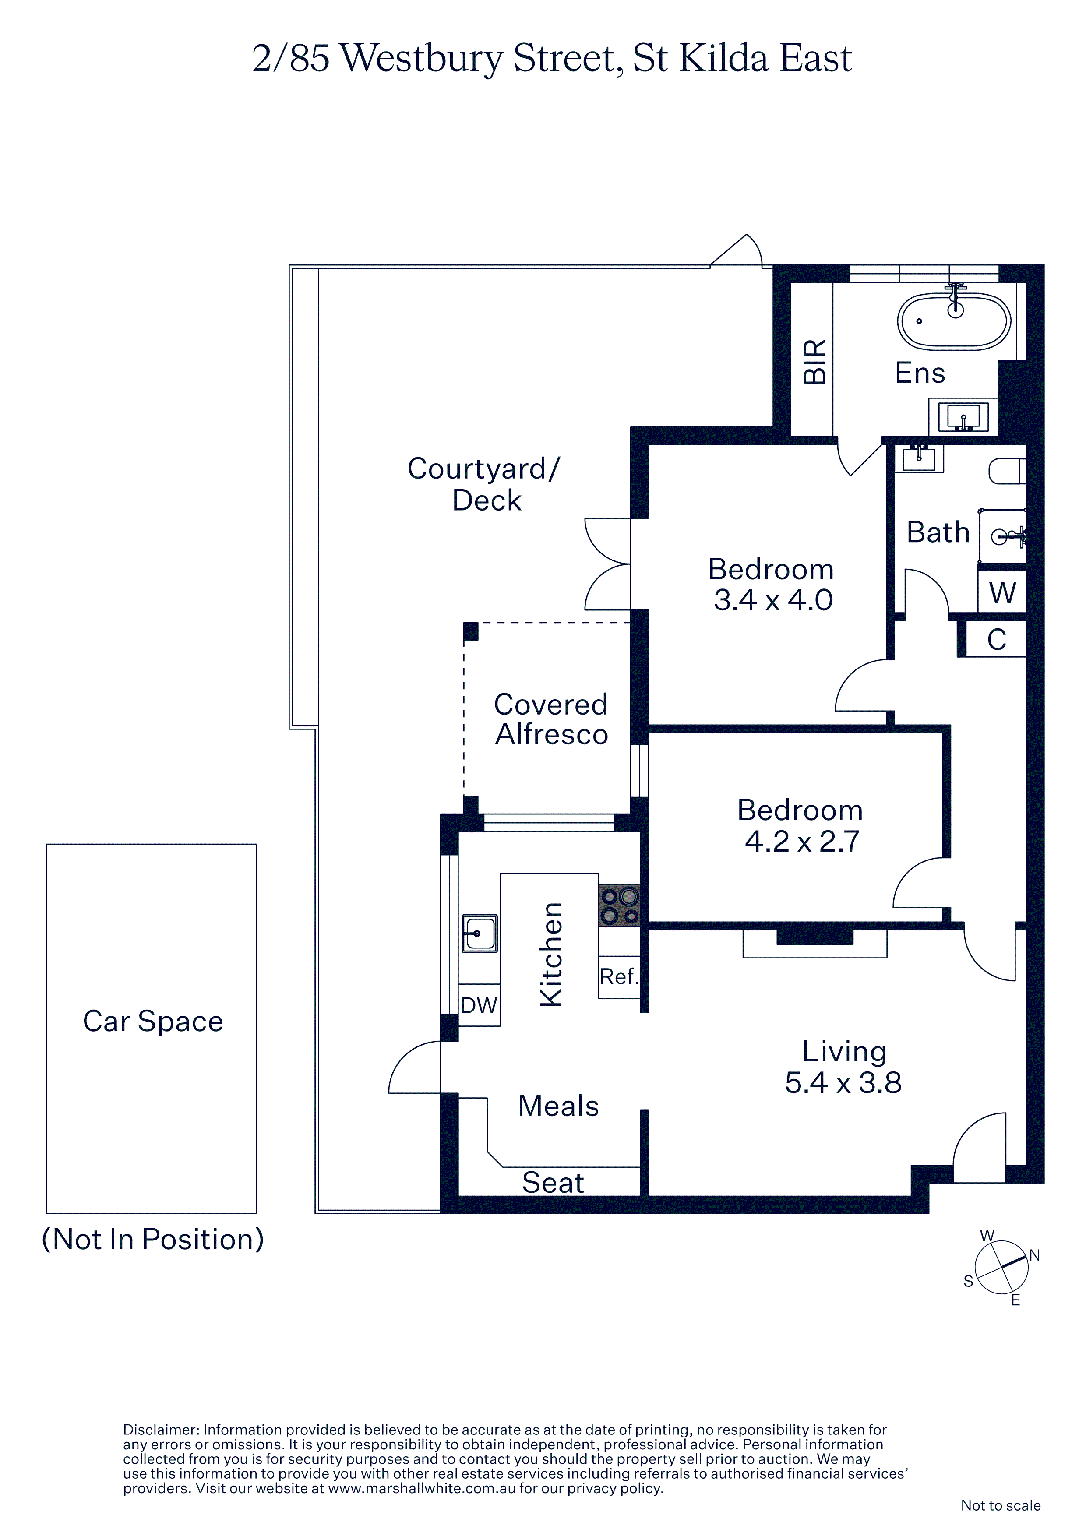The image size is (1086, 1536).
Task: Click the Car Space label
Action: coord(152,1022)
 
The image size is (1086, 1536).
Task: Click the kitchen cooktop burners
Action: coord(619,906)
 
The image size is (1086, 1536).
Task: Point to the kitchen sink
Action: coord(479,933)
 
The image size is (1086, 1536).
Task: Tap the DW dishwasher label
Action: coord(479,1005)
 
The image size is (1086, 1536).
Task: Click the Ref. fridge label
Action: coord(619,977)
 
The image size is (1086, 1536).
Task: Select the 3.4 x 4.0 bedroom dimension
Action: coord(773,600)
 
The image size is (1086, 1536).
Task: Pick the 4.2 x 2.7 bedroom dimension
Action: coord(802,842)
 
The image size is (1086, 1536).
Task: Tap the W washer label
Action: coord(1002,593)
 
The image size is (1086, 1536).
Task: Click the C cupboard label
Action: coord(996,640)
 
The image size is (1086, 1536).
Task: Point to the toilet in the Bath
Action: coord(1007,471)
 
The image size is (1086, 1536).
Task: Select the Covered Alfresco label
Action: coord(551,719)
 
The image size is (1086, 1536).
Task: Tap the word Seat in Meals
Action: coord(553,1183)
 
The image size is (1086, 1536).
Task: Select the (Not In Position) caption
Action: coord(152,1240)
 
